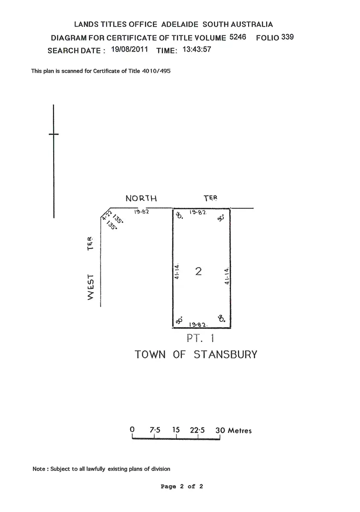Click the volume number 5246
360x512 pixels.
click(238, 37)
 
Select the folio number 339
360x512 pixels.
click(288, 37)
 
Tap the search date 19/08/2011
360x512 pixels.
click(129, 49)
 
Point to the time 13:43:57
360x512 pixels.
click(197, 49)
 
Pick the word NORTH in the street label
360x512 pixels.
click(141, 198)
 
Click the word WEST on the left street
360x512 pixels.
click(91, 290)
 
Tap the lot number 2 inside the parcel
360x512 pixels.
click(198, 271)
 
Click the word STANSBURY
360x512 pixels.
click(226, 355)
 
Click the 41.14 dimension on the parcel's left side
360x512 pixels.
click(177, 271)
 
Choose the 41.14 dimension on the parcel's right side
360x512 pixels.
click(227, 276)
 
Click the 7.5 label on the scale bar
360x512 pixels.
click(155, 430)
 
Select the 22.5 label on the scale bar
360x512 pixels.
click(197, 430)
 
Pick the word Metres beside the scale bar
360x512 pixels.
click(240, 431)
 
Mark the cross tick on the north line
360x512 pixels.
click(54, 134)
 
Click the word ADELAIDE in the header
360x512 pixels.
click(180, 25)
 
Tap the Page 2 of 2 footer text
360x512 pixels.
click(182, 486)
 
